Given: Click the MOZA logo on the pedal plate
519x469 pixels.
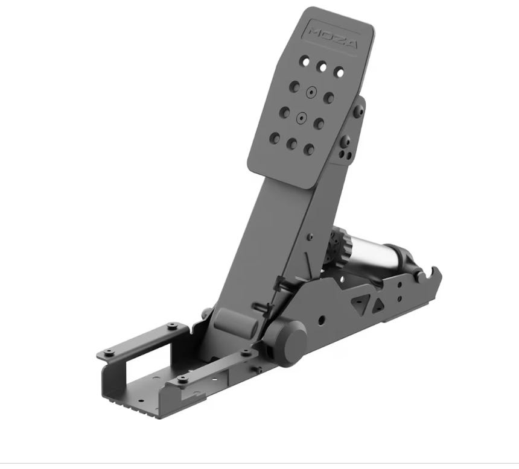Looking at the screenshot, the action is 333,38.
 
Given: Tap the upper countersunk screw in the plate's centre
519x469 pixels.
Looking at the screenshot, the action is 311,93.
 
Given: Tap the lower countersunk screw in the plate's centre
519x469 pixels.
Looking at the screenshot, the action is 301,118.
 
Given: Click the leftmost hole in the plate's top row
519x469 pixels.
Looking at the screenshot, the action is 305,61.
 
